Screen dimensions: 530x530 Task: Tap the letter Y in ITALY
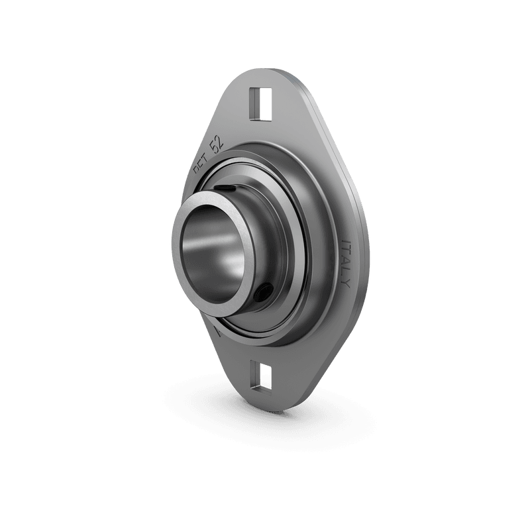(346, 284)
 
